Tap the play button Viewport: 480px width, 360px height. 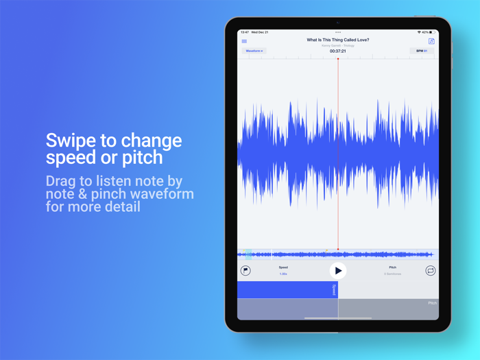tap(337, 271)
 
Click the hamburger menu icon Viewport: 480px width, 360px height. tap(244, 41)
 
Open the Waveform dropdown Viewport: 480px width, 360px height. tap(254, 51)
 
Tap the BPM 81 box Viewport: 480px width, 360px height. tap(422, 51)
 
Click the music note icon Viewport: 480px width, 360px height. tap(431, 41)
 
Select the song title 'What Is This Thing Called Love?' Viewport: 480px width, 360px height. tap(337, 40)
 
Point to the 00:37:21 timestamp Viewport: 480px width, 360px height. tap(337, 51)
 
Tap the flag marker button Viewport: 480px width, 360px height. tap(245, 271)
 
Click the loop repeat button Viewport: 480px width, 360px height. tap(431, 271)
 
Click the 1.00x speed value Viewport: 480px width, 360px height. tap(283, 274)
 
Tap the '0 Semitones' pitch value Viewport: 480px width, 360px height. tap(392, 274)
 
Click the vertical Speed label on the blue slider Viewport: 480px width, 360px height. tap(334, 289)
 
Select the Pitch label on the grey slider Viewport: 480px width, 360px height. tap(432, 303)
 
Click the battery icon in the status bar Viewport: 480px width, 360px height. tap(433, 32)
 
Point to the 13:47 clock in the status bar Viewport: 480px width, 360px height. tap(245, 32)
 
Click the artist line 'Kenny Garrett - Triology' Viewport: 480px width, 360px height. tap(337, 45)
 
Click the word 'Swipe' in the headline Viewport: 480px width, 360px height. tap(71, 141)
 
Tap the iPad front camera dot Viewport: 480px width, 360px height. tap(338, 23)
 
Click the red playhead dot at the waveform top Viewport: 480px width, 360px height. tap(338, 59)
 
